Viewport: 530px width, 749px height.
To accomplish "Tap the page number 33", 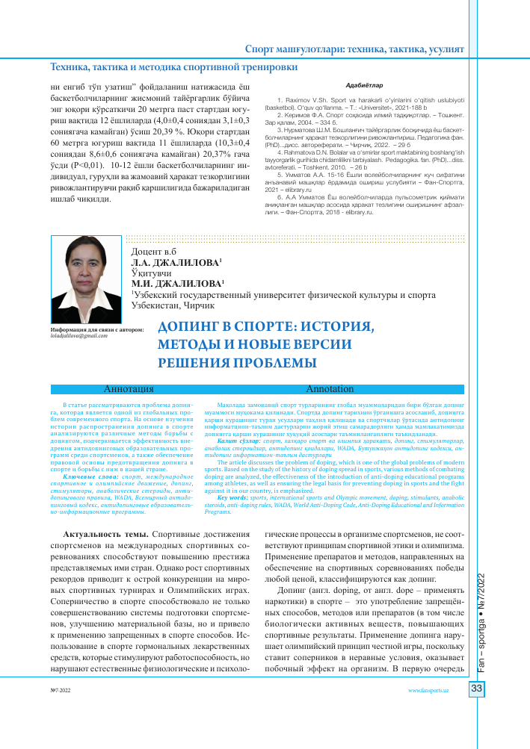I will pos(475,689).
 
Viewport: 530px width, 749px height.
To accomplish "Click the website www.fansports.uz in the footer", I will pos(428,691).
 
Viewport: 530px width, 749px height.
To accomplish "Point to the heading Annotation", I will pos(330,389).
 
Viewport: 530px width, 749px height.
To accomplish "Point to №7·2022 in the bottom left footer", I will pos(60,691).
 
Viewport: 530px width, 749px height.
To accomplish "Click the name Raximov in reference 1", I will pos(294,99).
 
